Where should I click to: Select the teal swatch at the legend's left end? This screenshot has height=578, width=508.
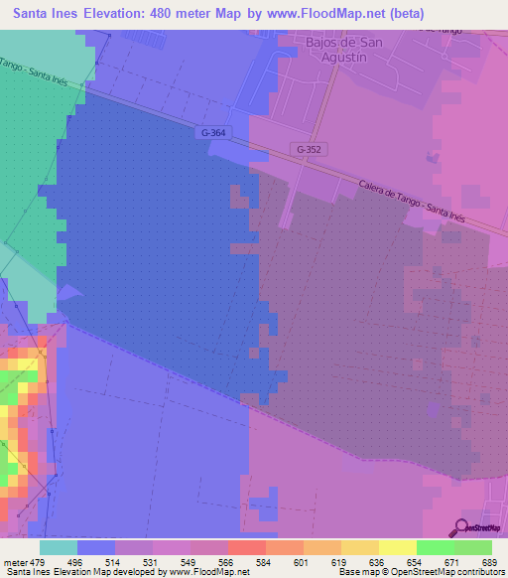click(x=59, y=547)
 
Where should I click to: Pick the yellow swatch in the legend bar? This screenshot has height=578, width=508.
click(x=397, y=547)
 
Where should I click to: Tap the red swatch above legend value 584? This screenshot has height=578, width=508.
click(x=246, y=547)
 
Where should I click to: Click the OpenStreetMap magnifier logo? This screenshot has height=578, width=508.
click(x=462, y=526)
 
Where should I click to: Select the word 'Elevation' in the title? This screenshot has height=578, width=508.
click(x=111, y=14)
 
